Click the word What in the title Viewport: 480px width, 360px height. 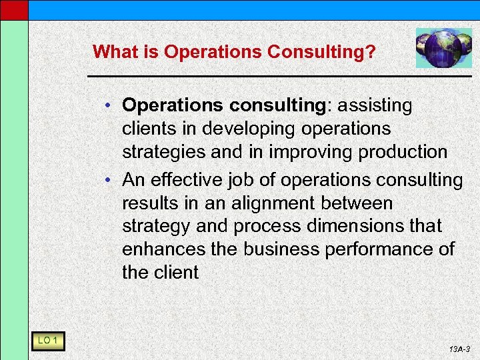(x=113, y=51)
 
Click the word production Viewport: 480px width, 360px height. (x=403, y=152)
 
